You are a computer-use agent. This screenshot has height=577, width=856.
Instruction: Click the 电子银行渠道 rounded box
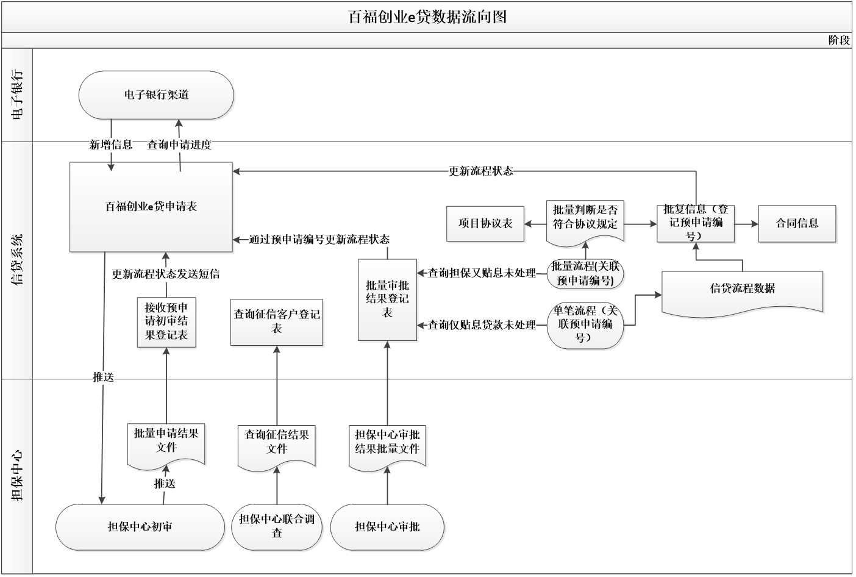coord(156,95)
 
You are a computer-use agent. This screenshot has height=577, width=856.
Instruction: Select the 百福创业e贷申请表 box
coord(151,207)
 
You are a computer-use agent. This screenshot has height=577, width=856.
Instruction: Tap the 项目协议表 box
coord(485,224)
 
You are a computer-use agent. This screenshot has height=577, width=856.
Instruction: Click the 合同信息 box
coord(797,224)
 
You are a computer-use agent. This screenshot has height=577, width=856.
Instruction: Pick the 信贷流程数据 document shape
coord(742,293)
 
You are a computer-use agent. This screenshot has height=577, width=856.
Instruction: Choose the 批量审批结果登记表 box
coord(387,299)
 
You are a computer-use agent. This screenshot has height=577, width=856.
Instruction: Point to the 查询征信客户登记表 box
coord(277,322)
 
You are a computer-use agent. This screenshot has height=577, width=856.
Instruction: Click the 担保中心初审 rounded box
coord(140,527)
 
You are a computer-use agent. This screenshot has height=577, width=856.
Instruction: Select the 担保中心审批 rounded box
coord(387,527)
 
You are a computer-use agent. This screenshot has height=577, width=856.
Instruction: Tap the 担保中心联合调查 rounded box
coord(277,527)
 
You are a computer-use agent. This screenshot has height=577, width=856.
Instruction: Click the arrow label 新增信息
coord(111,145)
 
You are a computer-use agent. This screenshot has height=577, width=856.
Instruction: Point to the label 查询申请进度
coord(179,145)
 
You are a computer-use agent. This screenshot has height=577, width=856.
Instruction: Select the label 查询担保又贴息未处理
coord(482,273)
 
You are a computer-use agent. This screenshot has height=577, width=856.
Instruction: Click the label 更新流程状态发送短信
coord(165,274)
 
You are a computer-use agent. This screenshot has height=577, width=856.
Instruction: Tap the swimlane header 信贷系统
coord(17,260)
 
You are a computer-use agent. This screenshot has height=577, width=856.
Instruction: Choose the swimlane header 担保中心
coord(17,476)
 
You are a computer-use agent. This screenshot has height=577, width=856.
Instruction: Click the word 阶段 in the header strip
coord(839,40)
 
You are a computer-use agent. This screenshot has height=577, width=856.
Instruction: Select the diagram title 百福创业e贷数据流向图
coord(427,17)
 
